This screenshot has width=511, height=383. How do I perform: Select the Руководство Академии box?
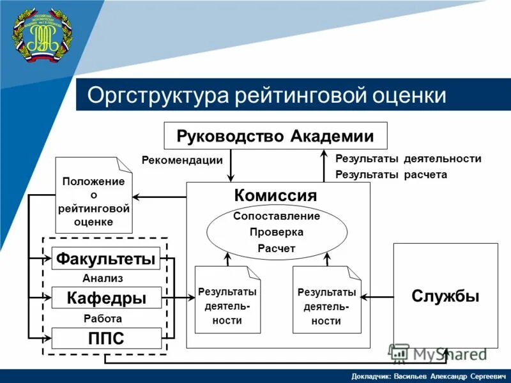click(275, 135)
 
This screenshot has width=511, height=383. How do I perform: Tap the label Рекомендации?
click(182, 160)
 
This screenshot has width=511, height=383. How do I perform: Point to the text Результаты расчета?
click(391, 174)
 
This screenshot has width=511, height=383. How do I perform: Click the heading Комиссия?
click(275, 195)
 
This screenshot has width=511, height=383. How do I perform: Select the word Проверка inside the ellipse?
click(276, 232)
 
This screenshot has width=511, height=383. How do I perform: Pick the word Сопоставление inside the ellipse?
click(276, 216)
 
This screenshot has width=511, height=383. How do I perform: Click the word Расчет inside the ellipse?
click(276, 248)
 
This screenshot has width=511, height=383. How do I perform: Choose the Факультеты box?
click(106, 259)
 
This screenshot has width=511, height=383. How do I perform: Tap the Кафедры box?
click(106, 298)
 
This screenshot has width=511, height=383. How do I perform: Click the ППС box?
click(106, 338)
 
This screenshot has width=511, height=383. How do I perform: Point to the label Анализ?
click(102, 278)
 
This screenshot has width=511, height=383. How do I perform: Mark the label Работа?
click(102, 318)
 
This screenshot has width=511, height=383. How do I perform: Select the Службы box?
click(445, 296)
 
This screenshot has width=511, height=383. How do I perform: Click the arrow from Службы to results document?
click(377, 297)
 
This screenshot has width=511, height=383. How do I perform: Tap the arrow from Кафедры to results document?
click(178, 297)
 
